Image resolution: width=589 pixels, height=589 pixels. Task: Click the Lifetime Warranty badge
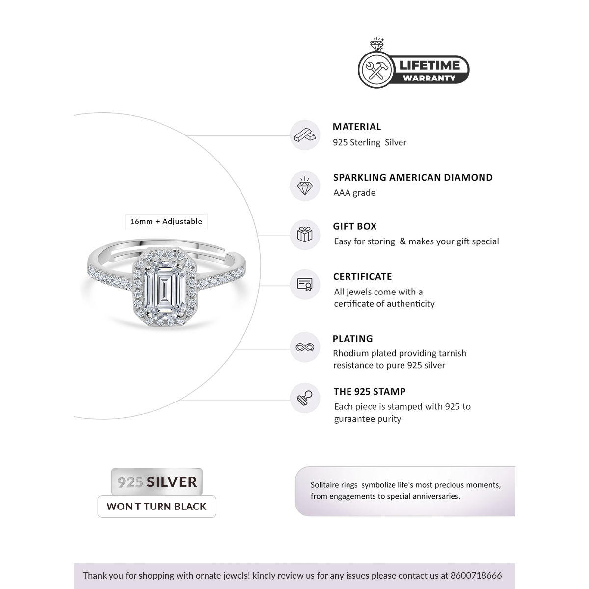pos(413,69)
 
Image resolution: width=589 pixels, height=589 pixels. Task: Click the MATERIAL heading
pos(357,127)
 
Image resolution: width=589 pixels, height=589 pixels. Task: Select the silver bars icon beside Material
pos(305,135)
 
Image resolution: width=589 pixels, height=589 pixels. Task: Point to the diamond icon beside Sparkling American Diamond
pos(305,186)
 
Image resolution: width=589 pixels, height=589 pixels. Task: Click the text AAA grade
pos(354,193)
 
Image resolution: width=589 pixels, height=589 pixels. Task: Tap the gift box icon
pos(305,234)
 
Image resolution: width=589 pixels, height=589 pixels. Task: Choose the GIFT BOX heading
pos(355,226)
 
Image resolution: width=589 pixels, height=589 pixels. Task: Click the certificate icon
pos(305,284)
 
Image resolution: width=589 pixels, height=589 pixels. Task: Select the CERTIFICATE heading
pos(363,277)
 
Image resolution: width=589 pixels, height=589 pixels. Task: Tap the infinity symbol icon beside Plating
pos(305,348)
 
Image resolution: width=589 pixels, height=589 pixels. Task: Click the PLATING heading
pos(353,339)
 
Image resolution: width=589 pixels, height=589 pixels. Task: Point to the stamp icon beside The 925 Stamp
pos(305,399)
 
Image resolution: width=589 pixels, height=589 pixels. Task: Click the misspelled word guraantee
pos(354,419)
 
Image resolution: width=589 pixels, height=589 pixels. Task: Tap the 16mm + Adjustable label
pos(166,222)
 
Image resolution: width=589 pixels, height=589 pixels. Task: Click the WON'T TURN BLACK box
pos(157,507)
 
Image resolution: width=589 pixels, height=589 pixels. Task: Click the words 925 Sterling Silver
pos(370,142)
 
